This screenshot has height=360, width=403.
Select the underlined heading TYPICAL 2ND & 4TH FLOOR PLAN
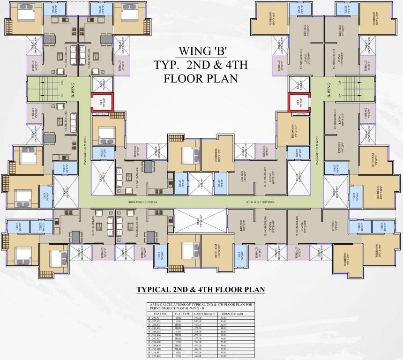click(x=201, y=290)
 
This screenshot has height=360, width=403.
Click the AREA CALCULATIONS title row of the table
click(x=201, y=307)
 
